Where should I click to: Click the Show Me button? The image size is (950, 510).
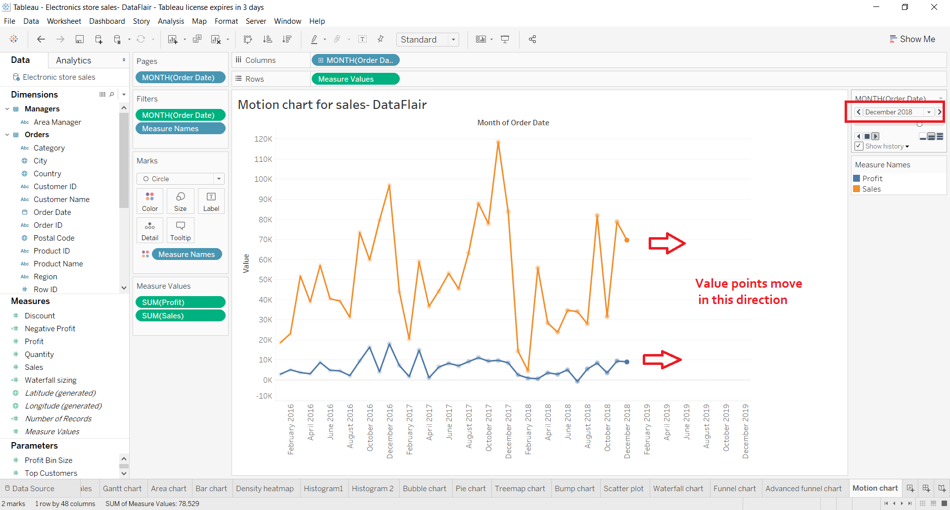pos(912,39)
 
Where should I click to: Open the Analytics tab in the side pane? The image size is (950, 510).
pos(73,60)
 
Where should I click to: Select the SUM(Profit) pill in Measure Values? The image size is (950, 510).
pos(180,302)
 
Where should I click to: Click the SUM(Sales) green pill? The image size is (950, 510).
pos(180,315)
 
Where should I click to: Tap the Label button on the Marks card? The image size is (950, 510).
pos(211,201)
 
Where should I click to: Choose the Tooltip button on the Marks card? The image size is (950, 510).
pos(181,230)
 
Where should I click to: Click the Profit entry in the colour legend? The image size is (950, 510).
pos(872,178)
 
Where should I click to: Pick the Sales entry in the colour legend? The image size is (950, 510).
pos(871,189)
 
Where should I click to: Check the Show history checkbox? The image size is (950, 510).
pos(859,146)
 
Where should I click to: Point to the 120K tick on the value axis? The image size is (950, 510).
pos(263,139)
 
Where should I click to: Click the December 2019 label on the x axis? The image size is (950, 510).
pos(746,431)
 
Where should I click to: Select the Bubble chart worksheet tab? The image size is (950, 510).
pos(424,488)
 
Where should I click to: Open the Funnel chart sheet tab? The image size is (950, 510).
pos(734,488)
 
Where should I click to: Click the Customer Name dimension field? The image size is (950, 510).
pos(61,200)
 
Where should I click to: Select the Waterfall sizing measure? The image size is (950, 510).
pos(50,380)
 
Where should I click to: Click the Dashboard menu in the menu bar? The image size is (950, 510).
pos(107,21)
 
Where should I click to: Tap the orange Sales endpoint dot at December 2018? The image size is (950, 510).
pos(627,240)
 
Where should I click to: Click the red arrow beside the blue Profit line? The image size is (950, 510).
pos(662,360)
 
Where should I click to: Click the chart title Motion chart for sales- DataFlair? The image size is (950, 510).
pos(332,105)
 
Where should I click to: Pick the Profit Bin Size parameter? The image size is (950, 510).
pos(48,460)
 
